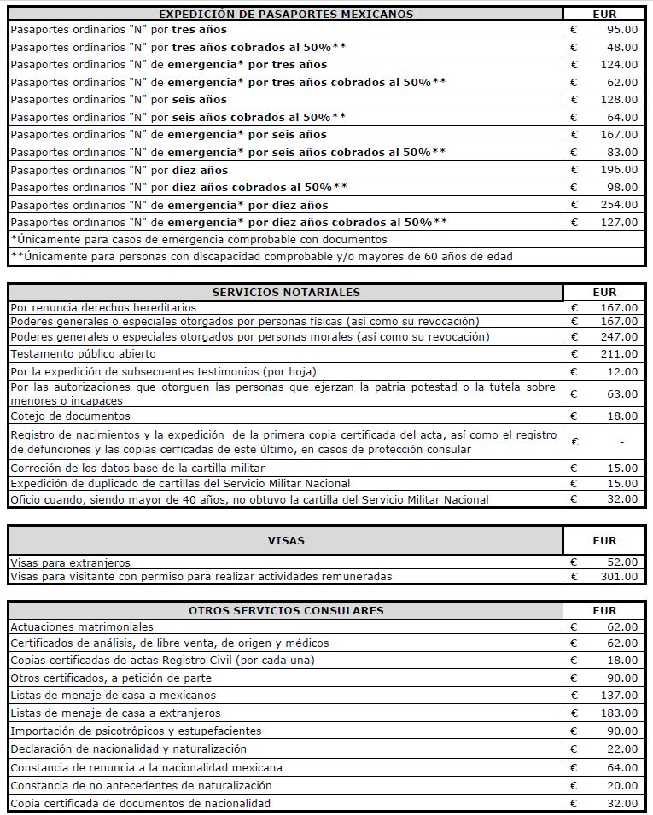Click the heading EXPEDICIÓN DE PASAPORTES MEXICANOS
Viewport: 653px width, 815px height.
286,14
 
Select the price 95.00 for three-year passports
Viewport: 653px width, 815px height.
622,28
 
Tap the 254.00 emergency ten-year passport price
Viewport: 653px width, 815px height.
619,205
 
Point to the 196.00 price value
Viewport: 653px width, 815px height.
619,170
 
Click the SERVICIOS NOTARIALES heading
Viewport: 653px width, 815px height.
286,292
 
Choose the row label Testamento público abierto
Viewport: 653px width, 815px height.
84,353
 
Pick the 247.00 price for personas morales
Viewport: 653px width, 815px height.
619,336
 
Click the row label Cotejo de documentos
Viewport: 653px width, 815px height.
71,416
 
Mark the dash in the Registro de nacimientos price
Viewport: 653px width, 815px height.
621,442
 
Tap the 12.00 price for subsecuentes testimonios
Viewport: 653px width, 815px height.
622,371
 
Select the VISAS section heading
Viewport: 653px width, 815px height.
286,540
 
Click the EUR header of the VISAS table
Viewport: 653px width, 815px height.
604,540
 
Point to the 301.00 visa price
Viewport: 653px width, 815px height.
619,576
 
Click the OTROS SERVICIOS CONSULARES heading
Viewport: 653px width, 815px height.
286,610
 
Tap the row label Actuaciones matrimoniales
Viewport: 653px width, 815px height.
83,626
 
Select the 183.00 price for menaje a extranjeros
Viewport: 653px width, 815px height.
619,713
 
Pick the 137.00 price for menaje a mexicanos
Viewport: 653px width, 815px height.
619,695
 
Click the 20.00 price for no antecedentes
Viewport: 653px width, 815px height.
622,785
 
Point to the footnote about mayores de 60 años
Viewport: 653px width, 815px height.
261,256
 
